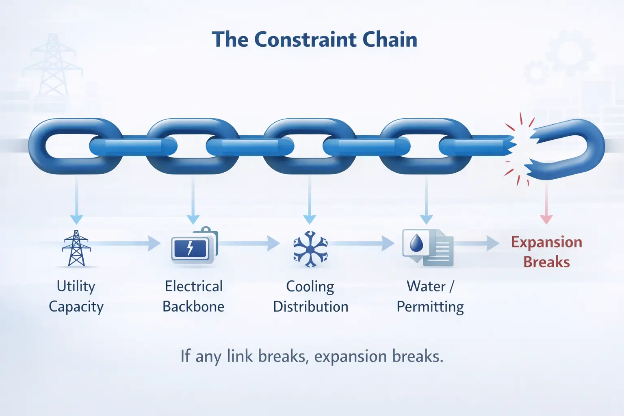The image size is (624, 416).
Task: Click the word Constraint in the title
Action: (305, 40)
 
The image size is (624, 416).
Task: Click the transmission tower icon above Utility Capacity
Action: (76, 248)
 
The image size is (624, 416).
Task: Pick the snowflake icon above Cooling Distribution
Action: (310, 249)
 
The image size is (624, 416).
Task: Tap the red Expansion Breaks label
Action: (546, 252)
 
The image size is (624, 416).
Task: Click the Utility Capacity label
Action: (76, 296)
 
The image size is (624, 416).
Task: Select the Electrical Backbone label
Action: (193, 296)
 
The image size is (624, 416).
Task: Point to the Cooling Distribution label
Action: (310, 296)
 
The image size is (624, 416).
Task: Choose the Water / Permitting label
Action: (430, 296)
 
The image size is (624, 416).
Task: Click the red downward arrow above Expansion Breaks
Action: (546, 203)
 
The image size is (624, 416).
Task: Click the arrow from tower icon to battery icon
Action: (126, 243)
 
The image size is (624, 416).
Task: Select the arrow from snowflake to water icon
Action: (362, 243)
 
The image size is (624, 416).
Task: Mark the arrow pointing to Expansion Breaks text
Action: (477, 243)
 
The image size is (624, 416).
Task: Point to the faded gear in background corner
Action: (569, 53)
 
